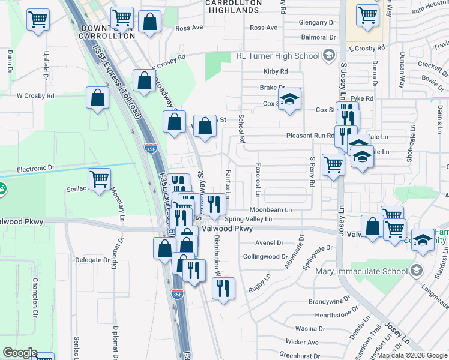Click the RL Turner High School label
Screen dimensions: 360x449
click(x=278, y=56)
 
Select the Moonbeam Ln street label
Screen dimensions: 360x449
click(x=271, y=210)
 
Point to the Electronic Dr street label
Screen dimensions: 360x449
click(x=35, y=169)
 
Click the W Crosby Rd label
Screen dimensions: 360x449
click(x=35, y=95)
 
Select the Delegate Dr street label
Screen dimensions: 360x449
click(x=93, y=260)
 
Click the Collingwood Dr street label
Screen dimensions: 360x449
click(x=265, y=256)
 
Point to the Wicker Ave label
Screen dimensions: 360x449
click(x=301, y=342)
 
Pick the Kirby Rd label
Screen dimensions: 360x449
click(x=276, y=71)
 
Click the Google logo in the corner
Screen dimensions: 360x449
click(x=20, y=353)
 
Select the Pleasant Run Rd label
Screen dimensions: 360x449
click(x=310, y=136)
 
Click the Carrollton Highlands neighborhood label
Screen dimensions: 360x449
click(x=232, y=7)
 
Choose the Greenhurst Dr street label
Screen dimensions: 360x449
click(x=302, y=356)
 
